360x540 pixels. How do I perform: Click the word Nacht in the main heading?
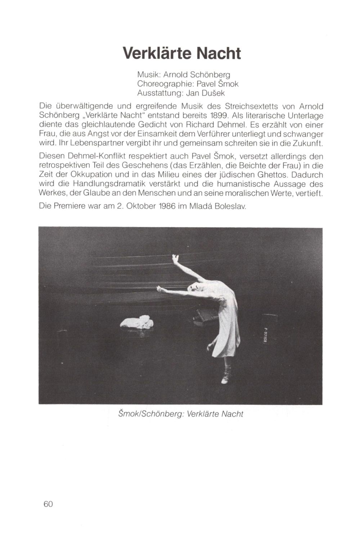click(218, 53)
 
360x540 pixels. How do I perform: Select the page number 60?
click(48, 504)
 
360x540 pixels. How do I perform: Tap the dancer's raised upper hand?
click(175, 258)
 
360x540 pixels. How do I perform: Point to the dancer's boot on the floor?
click(225, 375)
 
